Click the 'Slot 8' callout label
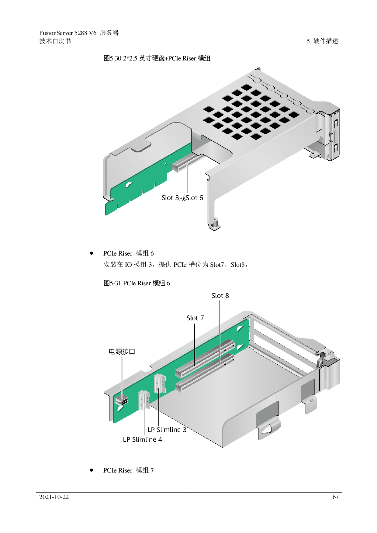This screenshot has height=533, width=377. point(220,296)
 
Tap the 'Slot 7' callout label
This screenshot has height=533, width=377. point(195,318)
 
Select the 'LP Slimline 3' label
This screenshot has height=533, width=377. point(167,430)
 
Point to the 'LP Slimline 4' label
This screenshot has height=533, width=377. point(142,439)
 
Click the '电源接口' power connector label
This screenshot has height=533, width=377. point(122,352)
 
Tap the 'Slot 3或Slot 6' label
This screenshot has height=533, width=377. point(182,198)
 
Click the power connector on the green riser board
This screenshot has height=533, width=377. point(122,401)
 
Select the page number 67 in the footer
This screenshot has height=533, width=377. point(335,497)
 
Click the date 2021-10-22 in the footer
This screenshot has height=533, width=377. point(54,497)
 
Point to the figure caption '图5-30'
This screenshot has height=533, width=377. point(112,58)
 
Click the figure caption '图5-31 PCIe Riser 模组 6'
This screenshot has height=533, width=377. point(137,283)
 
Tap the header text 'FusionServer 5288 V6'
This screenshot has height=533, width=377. point(68,33)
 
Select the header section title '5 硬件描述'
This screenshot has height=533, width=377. point(322,41)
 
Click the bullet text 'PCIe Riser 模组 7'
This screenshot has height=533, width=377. point(129,470)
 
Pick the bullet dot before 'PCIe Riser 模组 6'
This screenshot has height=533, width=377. point(92,253)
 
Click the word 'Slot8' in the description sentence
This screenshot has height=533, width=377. point(237,265)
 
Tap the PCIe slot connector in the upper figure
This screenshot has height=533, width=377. point(187,162)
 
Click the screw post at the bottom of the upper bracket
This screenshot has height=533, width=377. point(214,224)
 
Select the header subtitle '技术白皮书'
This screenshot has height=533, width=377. point(55,41)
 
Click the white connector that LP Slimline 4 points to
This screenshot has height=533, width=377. point(144,400)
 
